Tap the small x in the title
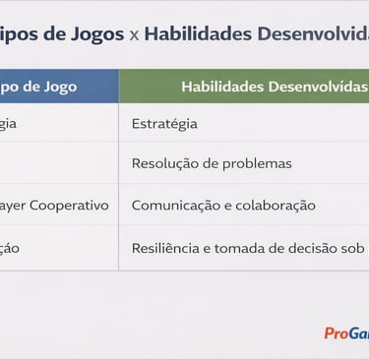[x=134, y=35]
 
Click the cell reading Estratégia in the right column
[x=164, y=124]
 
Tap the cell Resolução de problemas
[x=212, y=163]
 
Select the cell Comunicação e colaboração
[x=223, y=206]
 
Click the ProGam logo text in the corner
[x=346, y=333]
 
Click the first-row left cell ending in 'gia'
[x=8, y=124]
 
